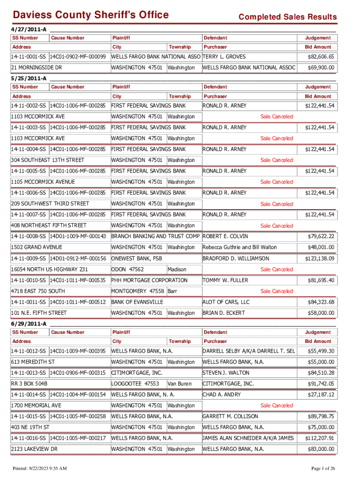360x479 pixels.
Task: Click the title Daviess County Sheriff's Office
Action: point(90,15)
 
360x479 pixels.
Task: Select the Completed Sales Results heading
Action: point(287,17)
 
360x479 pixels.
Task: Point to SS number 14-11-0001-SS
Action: point(29,57)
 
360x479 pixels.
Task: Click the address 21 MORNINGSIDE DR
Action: point(36,68)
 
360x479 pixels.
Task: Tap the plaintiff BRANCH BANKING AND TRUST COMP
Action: point(155,236)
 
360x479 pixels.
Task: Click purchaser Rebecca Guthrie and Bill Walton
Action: point(239,247)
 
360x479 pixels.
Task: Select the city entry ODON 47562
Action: point(127,269)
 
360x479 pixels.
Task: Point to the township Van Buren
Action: point(180,384)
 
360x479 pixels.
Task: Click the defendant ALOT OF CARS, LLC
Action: point(226,302)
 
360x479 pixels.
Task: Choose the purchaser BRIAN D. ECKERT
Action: point(225,312)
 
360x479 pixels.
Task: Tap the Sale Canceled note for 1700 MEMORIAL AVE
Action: point(276,406)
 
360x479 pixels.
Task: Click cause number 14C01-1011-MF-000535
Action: point(78,280)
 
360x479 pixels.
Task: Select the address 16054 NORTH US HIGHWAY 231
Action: point(49,269)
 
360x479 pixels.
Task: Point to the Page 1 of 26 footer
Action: point(322,468)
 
